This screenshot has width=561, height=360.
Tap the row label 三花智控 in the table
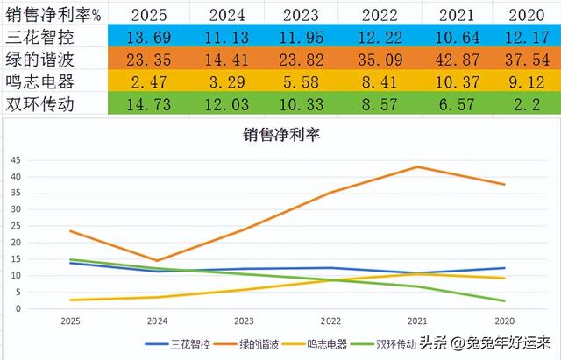[44, 39]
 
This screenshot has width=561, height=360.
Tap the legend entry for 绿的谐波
[272, 344]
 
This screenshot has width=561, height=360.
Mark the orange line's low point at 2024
[159, 260]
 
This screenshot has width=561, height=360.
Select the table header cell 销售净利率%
[51, 15]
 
